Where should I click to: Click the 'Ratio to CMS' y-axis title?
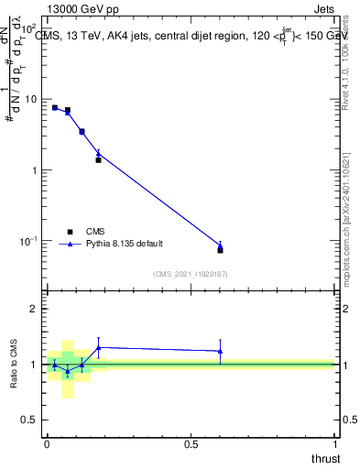pos(15,364)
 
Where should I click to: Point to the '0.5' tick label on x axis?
pos(191,443)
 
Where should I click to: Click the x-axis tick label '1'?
pos(335,443)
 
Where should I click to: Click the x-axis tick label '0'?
pos(47,443)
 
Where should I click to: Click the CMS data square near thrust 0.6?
pos(220,249)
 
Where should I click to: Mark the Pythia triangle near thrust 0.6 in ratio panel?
pos(220,351)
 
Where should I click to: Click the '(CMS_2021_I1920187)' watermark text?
pos(191,273)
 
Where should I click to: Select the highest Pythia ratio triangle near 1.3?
pos(98,347)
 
